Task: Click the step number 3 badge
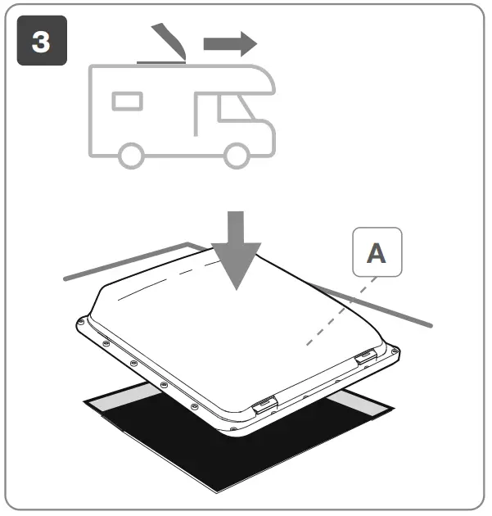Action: pos(41,43)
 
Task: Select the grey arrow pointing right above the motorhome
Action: pos(229,43)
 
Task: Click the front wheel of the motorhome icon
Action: pos(237,153)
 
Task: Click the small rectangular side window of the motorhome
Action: pos(128,101)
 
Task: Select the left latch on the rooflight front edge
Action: pos(264,405)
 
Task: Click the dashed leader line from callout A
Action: pos(340,311)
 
